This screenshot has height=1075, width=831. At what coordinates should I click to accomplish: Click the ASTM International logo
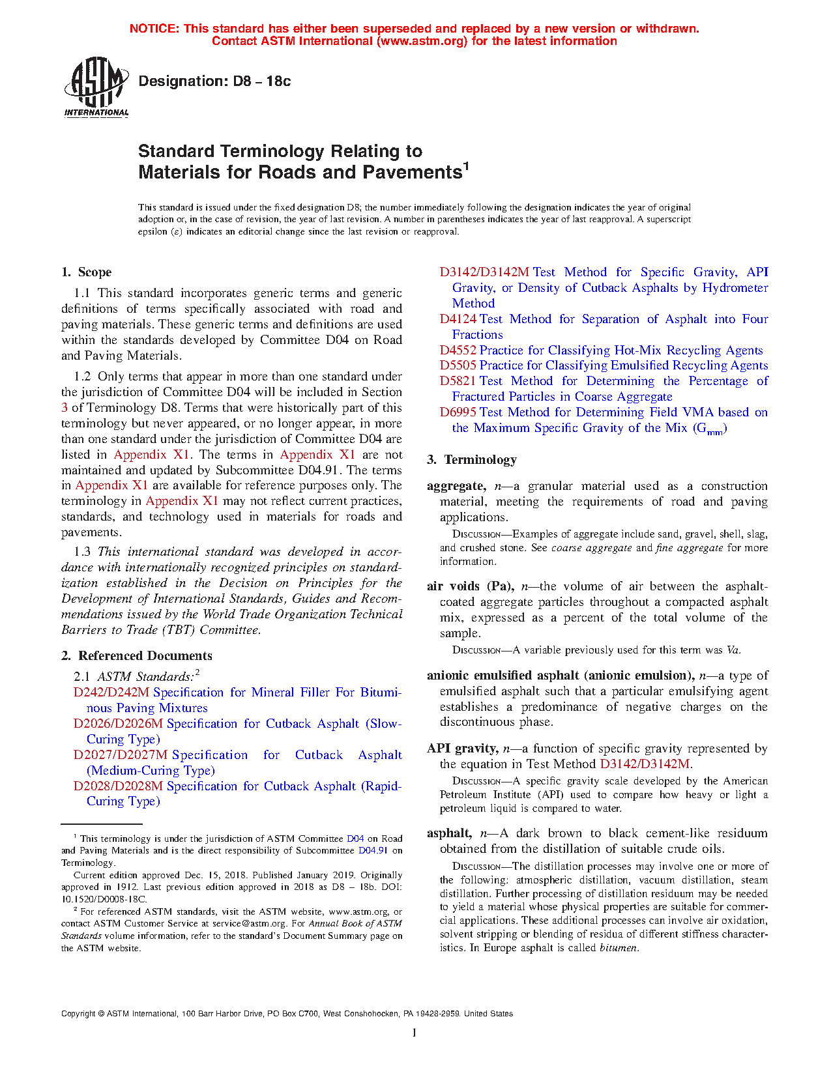(x=96, y=87)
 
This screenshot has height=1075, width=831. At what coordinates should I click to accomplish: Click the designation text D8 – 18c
(x=214, y=81)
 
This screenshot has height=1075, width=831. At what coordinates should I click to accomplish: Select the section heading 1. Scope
(x=86, y=272)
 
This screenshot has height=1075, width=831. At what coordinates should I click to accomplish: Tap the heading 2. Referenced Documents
(x=137, y=656)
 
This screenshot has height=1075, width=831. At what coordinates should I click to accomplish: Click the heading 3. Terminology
(x=472, y=460)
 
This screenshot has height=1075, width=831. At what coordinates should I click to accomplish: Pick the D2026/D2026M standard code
(x=119, y=724)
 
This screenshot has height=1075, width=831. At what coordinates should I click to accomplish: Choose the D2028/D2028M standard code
(x=118, y=786)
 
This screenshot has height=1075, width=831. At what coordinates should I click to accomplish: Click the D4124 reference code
(x=458, y=319)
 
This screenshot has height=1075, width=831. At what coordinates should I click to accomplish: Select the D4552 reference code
(x=458, y=351)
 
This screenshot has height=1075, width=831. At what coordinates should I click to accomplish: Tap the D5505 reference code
(x=458, y=365)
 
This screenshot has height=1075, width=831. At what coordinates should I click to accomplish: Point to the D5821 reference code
(x=458, y=381)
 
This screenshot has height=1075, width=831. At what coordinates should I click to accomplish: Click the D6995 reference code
(x=458, y=412)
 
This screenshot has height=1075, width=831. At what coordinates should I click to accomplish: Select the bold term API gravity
(x=463, y=749)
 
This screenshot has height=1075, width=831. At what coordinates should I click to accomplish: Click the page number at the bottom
(x=415, y=1033)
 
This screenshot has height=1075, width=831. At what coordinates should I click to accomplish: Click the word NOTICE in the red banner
(x=154, y=29)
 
